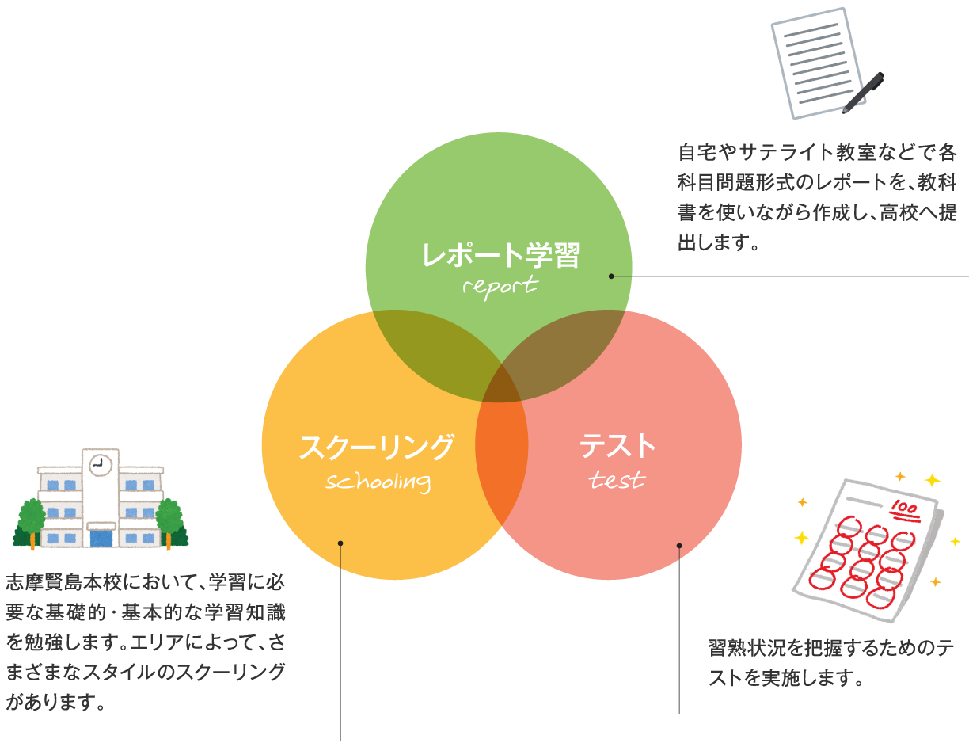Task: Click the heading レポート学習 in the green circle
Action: pyautogui.click(x=501, y=255)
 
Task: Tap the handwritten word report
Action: pyautogui.click(x=500, y=285)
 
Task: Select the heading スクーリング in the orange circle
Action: pyautogui.click(x=377, y=447)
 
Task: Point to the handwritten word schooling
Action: pyautogui.click(x=378, y=482)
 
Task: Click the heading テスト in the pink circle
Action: pyautogui.click(x=617, y=446)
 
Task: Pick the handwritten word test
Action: pyautogui.click(x=617, y=480)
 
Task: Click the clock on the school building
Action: pyautogui.click(x=100, y=465)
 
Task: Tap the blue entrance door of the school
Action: pyautogui.click(x=101, y=539)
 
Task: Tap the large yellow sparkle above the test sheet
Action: pyautogui.click(x=932, y=480)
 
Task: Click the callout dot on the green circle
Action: pyautogui.click(x=611, y=276)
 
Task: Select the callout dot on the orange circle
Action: pyautogui.click(x=340, y=543)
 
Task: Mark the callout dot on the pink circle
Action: pyautogui.click(x=679, y=545)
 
